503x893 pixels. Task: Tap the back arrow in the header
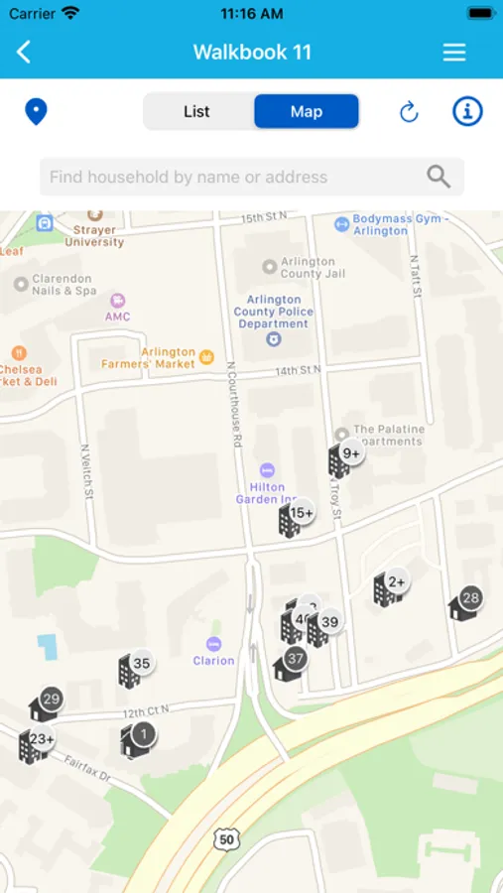[x=24, y=53]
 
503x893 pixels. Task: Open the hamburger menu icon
[x=454, y=53]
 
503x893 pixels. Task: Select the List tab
[x=196, y=111]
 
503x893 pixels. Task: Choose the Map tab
[x=306, y=111]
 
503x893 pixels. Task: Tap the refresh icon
[x=409, y=112]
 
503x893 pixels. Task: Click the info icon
[x=467, y=111]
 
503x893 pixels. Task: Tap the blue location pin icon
[x=36, y=111]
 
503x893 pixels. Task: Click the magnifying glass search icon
[x=439, y=177]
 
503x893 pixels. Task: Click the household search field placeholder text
[x=189, y=177]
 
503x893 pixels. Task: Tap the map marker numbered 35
[x=134, y=667]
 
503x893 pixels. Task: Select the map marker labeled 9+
[x=344, y=457]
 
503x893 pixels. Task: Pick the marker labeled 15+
[x=295, y=517]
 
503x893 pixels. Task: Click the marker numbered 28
[x=464, y=602]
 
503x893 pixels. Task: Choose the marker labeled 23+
[x=35, y=743]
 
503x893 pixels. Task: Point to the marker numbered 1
[x=138, y=737]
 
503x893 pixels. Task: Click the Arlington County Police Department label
[x=274, y=312]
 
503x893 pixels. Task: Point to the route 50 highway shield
[x=226, y=838]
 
